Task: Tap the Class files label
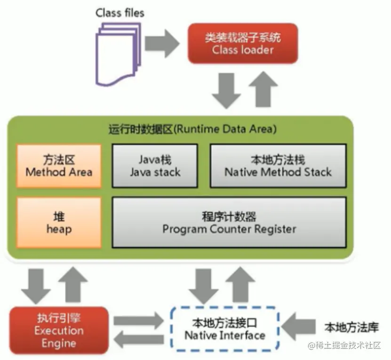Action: pyautogui.click(x=120, y=13)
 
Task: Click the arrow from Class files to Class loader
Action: pyautogui.click(x=162, y=43)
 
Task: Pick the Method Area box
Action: pyautogui.click(x=59, y=166)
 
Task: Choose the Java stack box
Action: pyautogui.click(x=155, y=166)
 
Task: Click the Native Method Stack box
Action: pyautogui.click(x=278, y=166)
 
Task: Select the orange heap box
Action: pyautogui.click(x=59, y=223)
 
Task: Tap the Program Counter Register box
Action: pyautogui.click(x=229, y=223)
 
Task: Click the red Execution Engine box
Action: pyautogui.click(x=59, y=330)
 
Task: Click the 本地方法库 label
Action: pyautogui.click(x=351, y=327)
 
